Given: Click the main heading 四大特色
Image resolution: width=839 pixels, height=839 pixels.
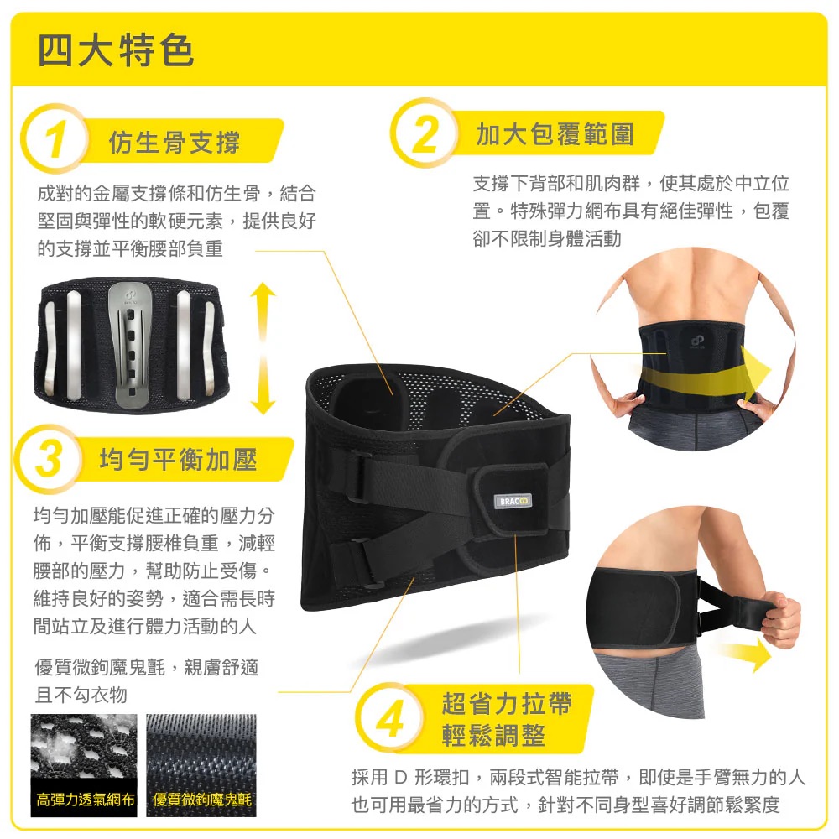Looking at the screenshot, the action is click(116, 50).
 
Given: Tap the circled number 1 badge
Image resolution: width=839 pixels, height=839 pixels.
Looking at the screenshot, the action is click(55, 138).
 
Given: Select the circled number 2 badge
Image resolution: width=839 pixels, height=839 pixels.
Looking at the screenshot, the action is click(425, 133).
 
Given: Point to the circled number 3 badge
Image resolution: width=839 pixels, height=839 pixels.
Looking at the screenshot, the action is click(49, 459).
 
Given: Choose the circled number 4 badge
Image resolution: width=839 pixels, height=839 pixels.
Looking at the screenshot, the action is click(390, 718).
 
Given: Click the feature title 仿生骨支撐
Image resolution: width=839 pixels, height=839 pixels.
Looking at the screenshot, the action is click(175, 143).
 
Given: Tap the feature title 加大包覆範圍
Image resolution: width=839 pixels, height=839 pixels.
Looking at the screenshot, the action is click(555, 133).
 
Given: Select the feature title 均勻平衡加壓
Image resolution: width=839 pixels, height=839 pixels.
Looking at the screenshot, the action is click(179, 460).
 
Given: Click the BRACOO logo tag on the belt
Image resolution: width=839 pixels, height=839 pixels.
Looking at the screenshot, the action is click(513, 501).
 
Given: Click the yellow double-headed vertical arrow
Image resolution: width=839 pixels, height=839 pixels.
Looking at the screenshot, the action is click(263, 349).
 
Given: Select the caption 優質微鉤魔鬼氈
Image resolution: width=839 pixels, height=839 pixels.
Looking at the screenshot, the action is click(201, 800).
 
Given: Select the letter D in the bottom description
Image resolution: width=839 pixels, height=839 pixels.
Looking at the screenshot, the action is click(401, 777).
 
